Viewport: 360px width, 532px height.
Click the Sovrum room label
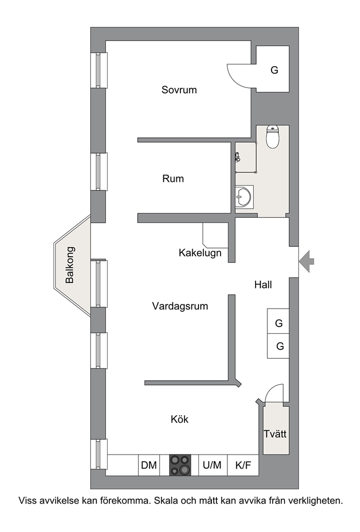(179, 90)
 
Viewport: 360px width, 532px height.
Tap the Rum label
(173, 179)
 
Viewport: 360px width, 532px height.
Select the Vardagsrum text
(180, 306)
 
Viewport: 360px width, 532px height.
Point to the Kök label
(180, 419)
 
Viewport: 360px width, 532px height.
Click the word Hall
(263, 284)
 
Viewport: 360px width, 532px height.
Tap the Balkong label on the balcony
(70, 265)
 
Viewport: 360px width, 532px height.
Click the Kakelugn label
(200, 253)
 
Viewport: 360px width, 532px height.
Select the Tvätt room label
(275, 434)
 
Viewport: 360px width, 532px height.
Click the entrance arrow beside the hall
(307, 261)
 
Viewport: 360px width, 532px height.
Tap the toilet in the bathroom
(273, 137)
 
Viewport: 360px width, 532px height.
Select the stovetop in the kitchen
(180, 465)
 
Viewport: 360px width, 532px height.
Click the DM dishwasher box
(149, 465)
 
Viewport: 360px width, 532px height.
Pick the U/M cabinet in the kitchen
(213, 465)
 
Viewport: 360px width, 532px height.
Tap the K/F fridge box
(243, 465)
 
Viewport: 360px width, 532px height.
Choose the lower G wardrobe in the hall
(278, 346)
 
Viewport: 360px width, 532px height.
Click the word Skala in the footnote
(167, 501)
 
